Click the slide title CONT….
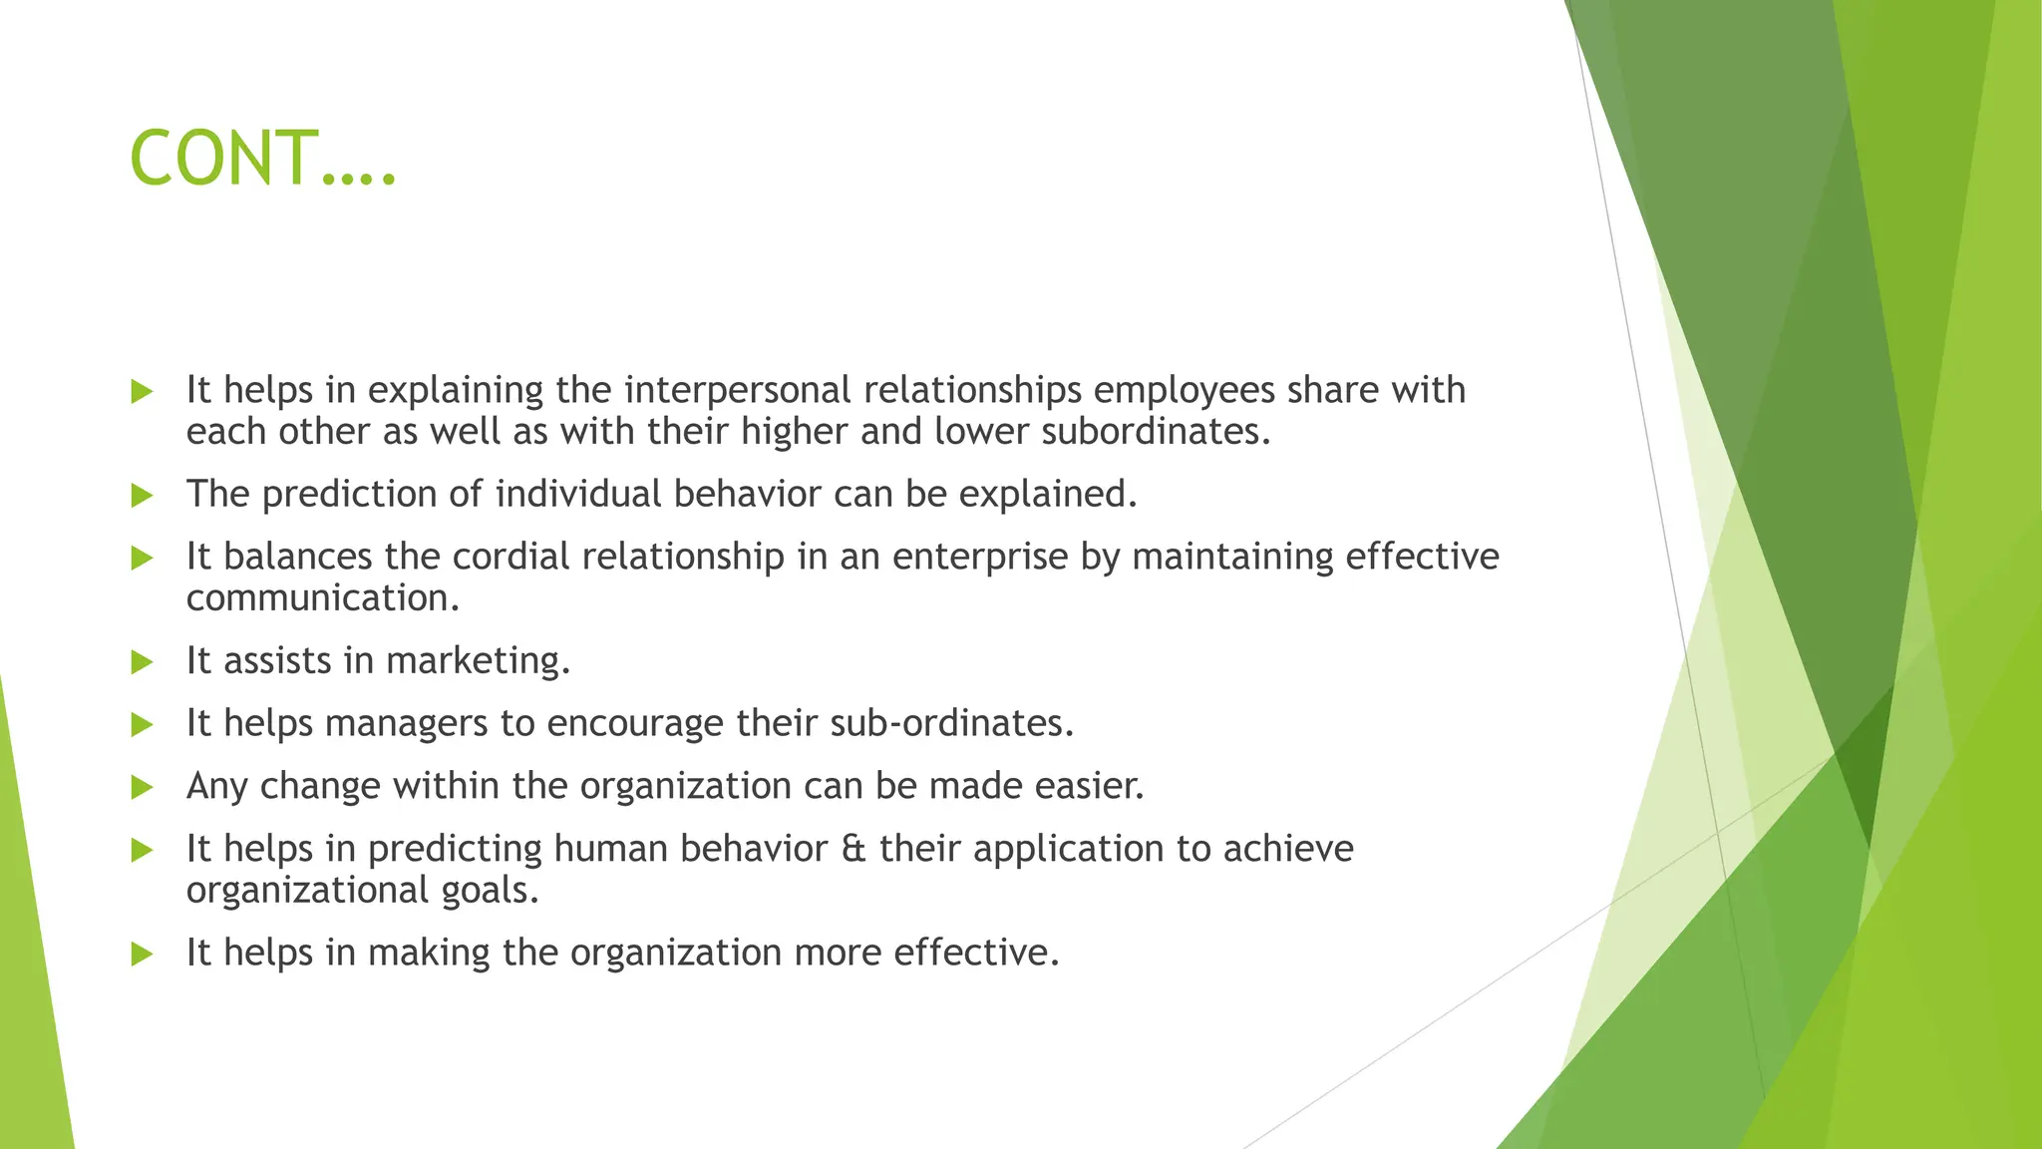click(x=263, y=160)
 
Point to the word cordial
click(x=511, y=557)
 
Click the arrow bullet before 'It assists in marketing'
click(x=142, y=662)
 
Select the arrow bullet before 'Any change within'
click(x=142, y=788)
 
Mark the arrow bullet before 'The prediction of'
click(x=142, y=496)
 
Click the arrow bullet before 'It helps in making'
click(x=142, y=955)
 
